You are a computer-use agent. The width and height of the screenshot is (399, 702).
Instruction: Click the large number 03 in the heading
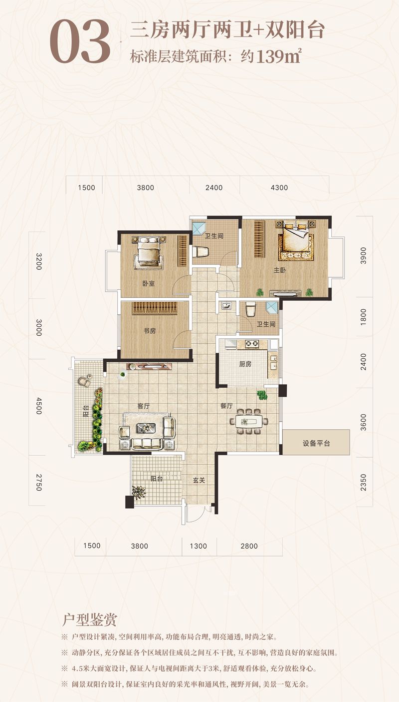[x=80, y=41]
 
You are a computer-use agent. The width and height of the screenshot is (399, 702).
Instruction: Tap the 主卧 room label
[x=279, y=270]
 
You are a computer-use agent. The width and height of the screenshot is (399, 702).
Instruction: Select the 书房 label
[x=150, y=331]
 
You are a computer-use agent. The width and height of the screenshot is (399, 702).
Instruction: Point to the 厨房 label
[x=245, y=364]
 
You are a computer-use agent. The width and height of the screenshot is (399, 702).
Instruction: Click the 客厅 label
[x=144, y=406]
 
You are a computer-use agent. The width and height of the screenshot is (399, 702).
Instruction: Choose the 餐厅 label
[x=226, y=406]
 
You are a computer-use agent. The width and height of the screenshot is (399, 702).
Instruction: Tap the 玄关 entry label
[x=199, y=480]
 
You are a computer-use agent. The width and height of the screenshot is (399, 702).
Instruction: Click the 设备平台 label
[x=316, y=444]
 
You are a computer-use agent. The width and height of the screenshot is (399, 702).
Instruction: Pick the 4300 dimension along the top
[x=279, y=187]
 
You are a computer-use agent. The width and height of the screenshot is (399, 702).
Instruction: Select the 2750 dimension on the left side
[x=38, y=482]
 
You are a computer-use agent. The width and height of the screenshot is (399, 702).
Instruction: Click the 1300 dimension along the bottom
[x=199, y=546]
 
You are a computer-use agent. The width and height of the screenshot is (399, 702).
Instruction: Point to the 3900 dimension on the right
[x=363, y=256]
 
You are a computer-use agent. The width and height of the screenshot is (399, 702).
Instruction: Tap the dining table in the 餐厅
[x=249, y=421]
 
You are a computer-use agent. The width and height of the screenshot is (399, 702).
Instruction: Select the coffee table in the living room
[x=146, y=428]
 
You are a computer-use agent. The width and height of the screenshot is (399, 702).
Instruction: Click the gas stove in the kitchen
[x=251, y=344]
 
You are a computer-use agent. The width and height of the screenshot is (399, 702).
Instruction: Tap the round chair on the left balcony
[x=84, y=380]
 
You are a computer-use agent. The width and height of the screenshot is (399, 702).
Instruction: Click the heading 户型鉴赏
[x=90, y=619]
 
